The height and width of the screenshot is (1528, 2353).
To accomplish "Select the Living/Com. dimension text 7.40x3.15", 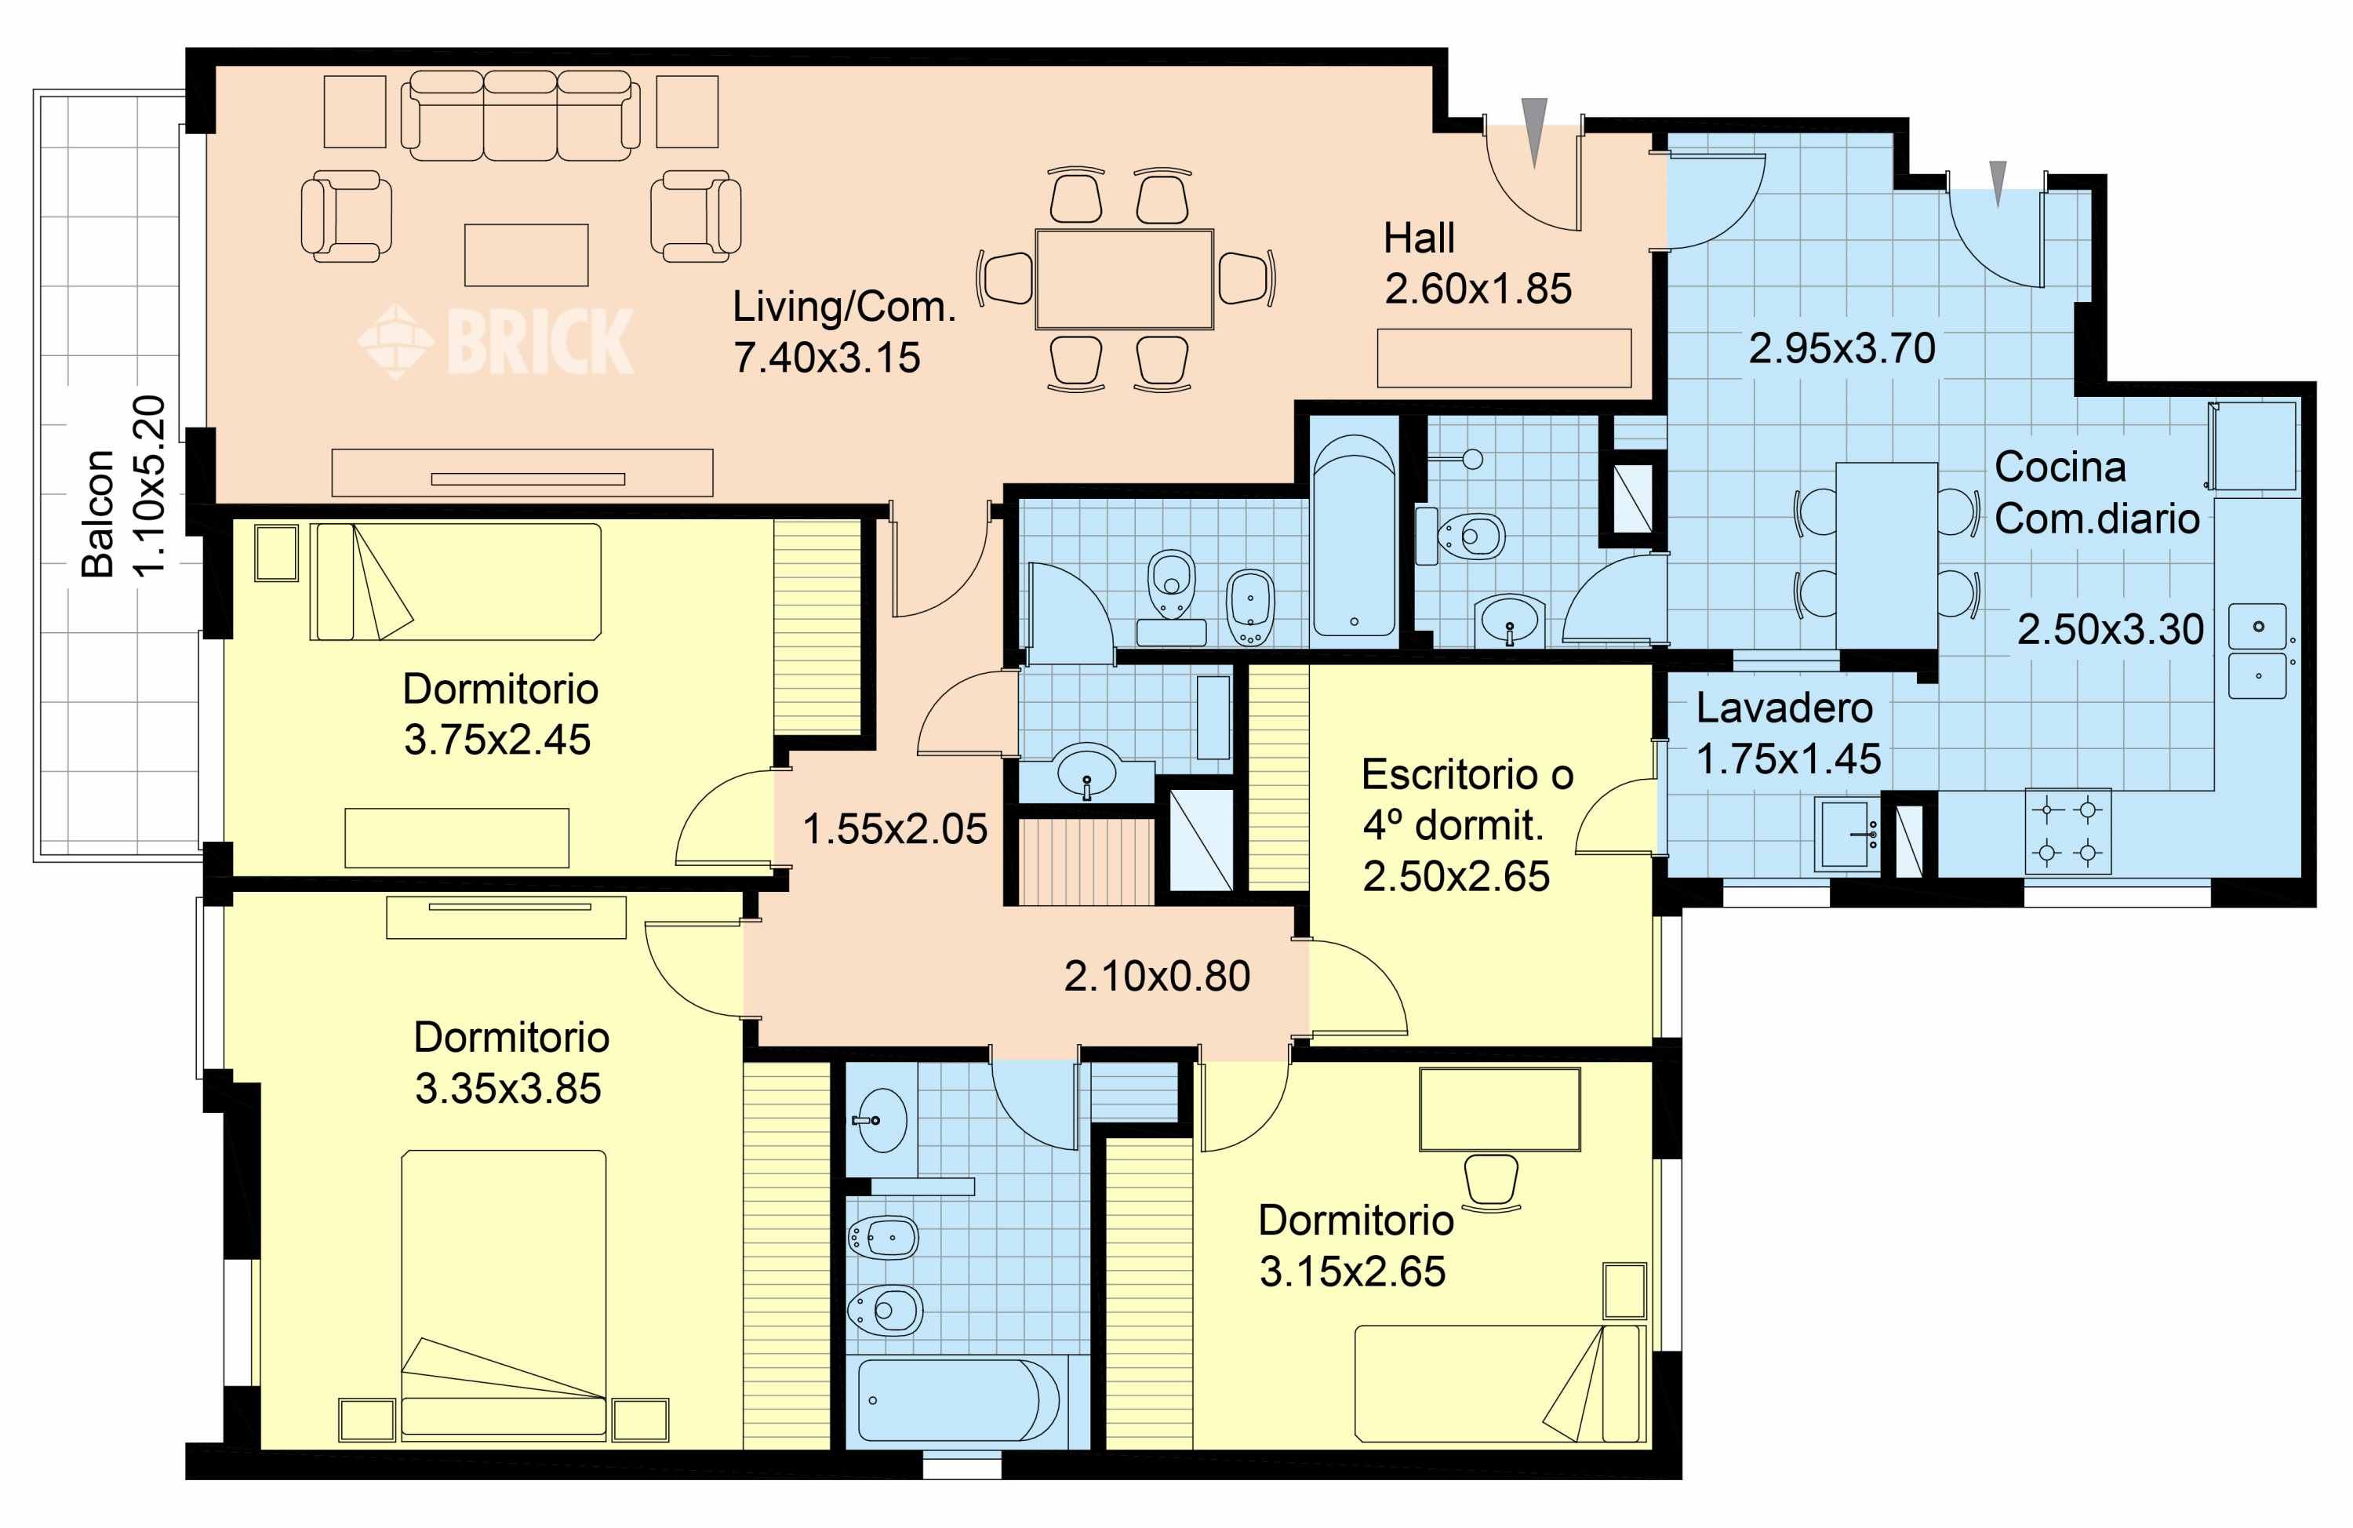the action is click(827, 358).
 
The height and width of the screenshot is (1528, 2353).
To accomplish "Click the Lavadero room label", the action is click(1784, 708).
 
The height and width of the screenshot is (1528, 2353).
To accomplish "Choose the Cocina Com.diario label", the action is click(2096, 493).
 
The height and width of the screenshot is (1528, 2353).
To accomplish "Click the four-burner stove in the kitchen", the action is click(2068, 831).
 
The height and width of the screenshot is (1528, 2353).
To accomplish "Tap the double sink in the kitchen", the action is click(2258, 651).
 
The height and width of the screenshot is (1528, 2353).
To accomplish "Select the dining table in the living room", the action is click(1124, 279).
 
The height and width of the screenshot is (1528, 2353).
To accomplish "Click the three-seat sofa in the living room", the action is click(520, 116).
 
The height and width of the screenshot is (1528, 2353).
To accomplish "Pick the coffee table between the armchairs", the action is click(526, 255).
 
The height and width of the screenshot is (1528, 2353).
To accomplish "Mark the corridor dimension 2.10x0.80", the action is click(1157, 976).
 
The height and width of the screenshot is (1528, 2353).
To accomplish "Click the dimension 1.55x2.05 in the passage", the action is click(895, 829).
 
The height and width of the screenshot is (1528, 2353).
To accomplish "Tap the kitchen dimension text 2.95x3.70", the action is click(1842, 348).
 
